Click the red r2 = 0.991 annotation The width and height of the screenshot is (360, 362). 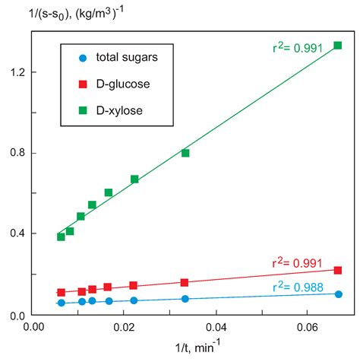click(303, 263)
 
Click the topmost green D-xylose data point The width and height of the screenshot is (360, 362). click(338, 46)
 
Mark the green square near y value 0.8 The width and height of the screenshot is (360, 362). click(185, 153)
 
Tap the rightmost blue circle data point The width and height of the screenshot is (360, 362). click(338, 294)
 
